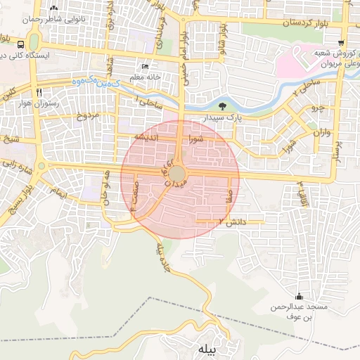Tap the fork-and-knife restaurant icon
[x=39, y=91]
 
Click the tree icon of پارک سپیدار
[x=222, y=106]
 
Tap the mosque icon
[x=300, y=296]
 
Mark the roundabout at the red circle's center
[x=178, y=173]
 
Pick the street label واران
[x=318, y=132]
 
